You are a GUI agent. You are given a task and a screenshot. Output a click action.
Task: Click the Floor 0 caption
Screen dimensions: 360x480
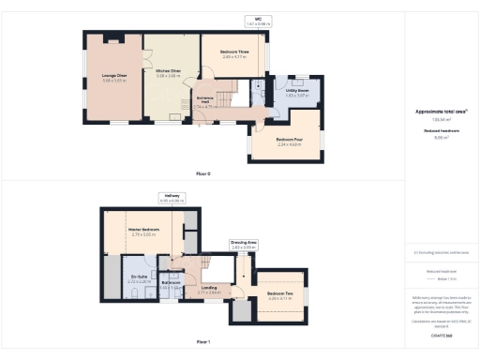(x=202, y=173)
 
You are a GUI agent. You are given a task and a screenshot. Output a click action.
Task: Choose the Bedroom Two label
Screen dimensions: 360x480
(x=281, y=293)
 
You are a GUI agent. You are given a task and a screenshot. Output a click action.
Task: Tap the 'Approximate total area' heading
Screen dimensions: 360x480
(x=441, y=112)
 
